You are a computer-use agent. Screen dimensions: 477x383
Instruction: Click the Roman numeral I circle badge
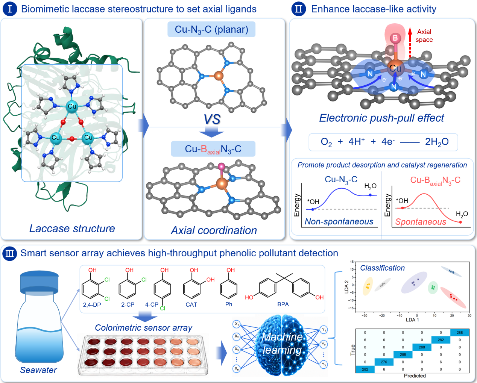pos(9,9)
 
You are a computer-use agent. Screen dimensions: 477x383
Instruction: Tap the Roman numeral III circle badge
pos(9,253)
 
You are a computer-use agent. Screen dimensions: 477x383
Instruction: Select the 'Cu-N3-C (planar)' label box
pos(211,29)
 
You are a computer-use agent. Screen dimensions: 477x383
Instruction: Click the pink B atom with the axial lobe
pos(395,38)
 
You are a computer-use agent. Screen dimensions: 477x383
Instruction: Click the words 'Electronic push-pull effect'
pos(381,118)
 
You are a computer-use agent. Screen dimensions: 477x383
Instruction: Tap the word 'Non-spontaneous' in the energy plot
pos(339,221)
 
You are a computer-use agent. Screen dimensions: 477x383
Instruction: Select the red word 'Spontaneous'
pos(421,222)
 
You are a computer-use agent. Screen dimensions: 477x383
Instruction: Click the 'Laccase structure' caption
pos(72,229)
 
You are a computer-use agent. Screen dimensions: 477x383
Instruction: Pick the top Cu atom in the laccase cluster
pos(72,106)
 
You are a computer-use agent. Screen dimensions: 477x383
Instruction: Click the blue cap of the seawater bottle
pos(39,282)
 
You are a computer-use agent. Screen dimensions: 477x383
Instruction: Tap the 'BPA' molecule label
pos(283,304)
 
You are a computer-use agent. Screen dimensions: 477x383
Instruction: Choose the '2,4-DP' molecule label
pos(92,305)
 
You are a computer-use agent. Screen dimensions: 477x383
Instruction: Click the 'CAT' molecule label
pos(191,304)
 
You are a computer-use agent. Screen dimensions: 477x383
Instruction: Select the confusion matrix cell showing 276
pos(384,362)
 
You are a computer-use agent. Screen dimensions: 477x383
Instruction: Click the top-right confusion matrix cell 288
pos(460,333)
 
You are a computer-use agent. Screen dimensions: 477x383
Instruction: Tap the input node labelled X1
pos(237,324)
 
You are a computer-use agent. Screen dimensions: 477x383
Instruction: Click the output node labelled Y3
pos(324,364)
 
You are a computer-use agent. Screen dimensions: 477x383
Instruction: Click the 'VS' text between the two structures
pos(212,119)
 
